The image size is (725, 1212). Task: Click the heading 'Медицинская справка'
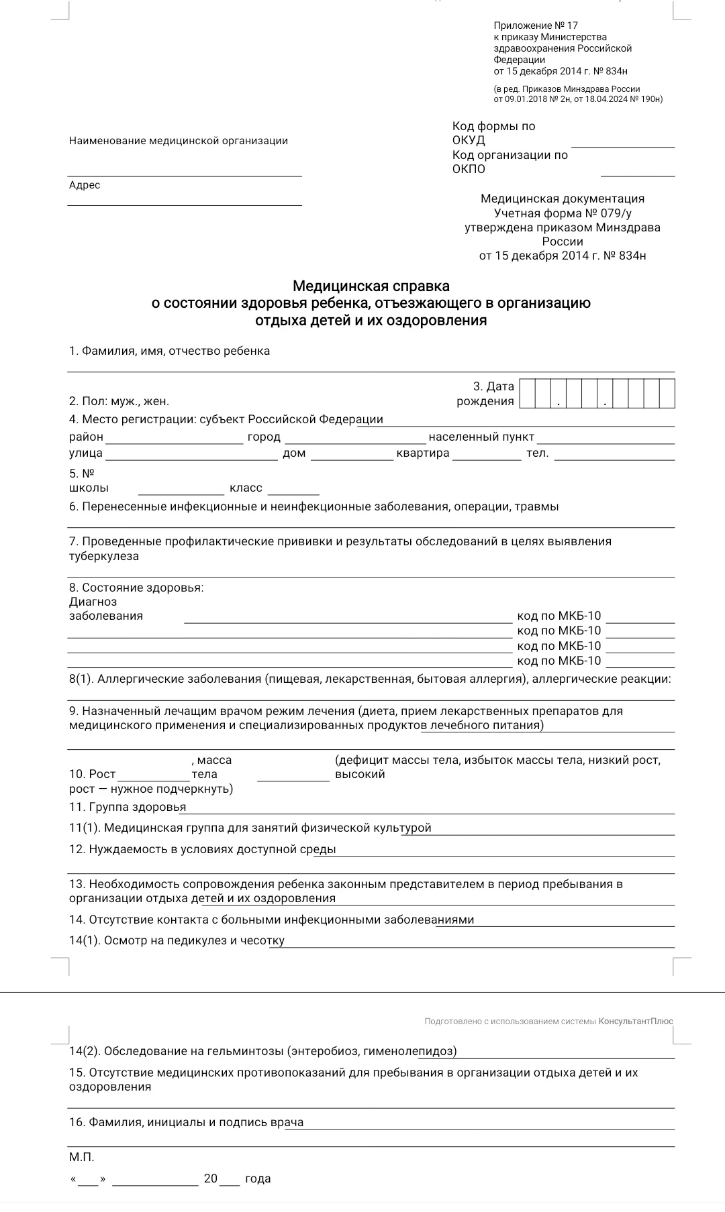(x=371, y=286)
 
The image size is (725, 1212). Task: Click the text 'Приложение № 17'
(x=536, y=25)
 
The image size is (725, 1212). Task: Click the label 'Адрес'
(x=85, y=185)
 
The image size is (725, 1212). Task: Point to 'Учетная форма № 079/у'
(x=563, y=213)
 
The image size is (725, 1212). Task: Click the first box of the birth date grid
(x=527, y=394)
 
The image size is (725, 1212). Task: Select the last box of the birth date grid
(x=667, y=394)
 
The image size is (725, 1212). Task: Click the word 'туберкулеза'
(x=104, y=556)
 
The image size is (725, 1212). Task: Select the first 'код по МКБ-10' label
(x=559, y=616)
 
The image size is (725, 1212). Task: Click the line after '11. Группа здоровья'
(x=430, y=810)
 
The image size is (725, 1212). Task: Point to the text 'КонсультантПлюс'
(x=635, y=1021)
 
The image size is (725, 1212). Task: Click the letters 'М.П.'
(x=82, y=1157)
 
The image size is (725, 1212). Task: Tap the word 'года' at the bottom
(x=258, y=1178)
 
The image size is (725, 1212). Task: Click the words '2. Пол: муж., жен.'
(x=119, y=401)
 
